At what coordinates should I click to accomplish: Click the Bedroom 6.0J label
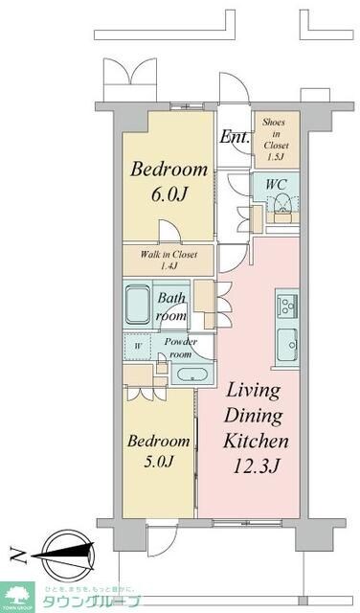pos(169,180)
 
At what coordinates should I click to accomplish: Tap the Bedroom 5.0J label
pos(158,451)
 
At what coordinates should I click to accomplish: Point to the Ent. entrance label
pos(235,137)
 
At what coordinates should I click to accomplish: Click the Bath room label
pos(172,306)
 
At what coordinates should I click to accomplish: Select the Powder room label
pos(180,348)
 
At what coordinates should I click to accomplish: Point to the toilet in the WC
pos(282,203)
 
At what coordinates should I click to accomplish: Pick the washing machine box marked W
pos(138,346)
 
